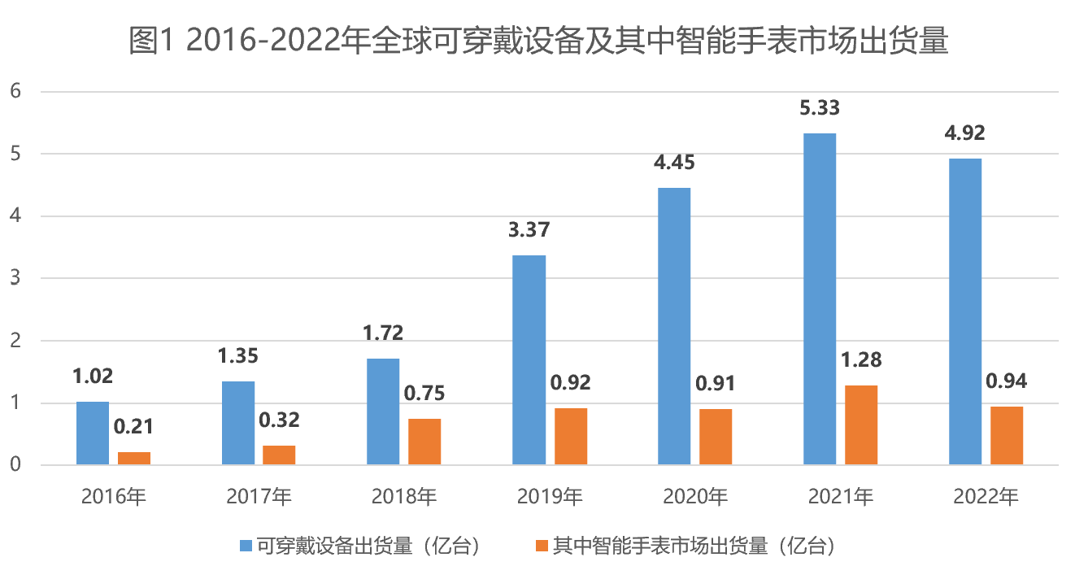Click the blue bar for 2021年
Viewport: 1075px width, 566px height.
[819, 298]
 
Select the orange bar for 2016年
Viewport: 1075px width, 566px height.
[134, 458]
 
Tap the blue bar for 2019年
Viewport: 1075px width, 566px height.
[529, 359]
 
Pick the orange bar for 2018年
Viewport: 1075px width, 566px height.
[424, 442]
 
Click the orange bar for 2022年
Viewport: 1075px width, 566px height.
[1006, 435]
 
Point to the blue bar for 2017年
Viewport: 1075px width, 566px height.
[238, 423]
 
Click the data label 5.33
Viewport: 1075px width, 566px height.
[819, 108]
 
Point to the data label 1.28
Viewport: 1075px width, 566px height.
[861, 359]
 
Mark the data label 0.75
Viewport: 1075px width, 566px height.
[424, 394]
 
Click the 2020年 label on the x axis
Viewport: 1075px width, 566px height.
[694, 496]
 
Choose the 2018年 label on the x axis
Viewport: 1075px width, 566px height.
[404, 496]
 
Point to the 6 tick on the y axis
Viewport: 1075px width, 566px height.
[15, 91]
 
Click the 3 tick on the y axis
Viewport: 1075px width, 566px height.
[15, 278]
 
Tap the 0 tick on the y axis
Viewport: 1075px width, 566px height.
[15, 465]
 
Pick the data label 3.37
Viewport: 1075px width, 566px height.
[529, 230]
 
